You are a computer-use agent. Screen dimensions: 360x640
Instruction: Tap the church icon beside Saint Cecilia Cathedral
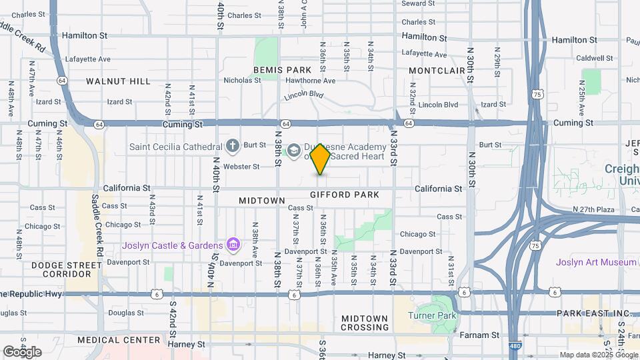pos(232,145)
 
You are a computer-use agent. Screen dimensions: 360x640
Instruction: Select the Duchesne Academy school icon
pos(294,147)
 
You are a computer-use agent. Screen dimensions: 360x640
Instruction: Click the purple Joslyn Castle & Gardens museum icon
pos(233,245)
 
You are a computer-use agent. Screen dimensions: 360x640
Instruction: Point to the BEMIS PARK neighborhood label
pos(283,70)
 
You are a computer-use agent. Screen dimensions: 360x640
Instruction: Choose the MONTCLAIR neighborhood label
pos(437,70)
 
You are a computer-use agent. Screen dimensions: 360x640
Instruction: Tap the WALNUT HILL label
pos(118,81)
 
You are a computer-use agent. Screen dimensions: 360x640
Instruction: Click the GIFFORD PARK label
pos(345,195)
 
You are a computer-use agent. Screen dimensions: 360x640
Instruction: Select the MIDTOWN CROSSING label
pos(365,323)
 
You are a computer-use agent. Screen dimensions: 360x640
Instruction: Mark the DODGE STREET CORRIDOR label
pos(67,269)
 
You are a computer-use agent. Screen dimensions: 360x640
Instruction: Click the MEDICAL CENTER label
pos(118,340)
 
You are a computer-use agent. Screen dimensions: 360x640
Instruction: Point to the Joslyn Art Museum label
pos(597,262)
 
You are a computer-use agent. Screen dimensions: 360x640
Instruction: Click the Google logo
pos(21,351)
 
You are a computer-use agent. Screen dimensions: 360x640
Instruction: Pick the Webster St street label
pos(241,167)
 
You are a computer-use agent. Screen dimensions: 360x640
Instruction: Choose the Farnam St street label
pos(486,335)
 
